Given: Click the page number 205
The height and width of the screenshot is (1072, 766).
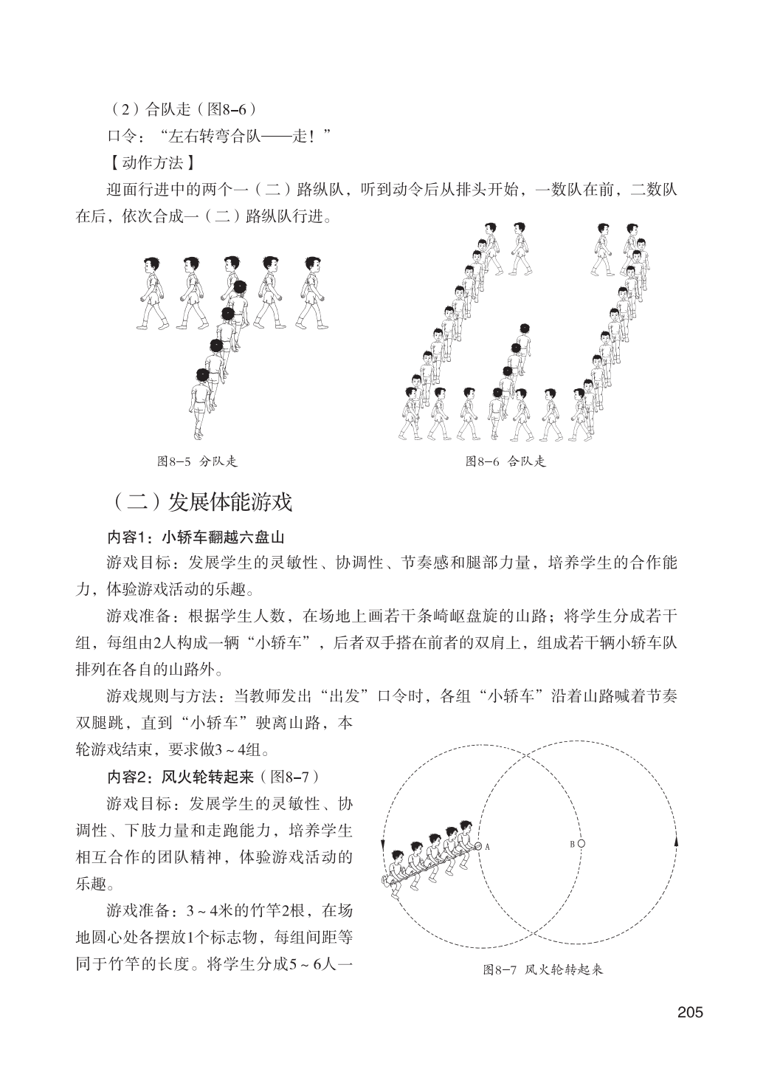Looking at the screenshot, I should (x=690, y=1011).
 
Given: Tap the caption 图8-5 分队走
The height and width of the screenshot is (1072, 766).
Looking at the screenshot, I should (x=197, y=462).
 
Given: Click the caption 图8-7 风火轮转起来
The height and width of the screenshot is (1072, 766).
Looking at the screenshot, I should (x=542, y=969).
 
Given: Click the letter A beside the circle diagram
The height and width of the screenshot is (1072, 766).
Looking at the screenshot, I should (x=488, y=848).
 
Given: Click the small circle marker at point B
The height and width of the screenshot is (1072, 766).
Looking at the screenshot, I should (x=582, y=843).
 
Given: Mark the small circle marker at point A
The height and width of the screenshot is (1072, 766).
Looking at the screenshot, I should (x=478, y=846).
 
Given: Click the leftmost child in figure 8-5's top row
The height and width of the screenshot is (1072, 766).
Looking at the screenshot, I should (x=153, y=292).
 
